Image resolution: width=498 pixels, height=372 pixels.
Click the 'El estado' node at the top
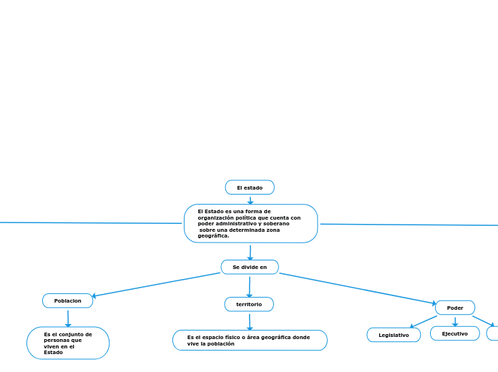click(250, 187)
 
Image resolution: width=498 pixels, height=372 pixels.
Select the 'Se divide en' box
click(250, 267)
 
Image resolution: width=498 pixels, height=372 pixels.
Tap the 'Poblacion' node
click(68, 300)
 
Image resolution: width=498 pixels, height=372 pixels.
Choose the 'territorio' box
click(249, 304)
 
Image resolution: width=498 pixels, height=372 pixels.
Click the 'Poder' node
click(455, 308)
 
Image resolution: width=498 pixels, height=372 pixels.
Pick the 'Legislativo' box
click(394, 335)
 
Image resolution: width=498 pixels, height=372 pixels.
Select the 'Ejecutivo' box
click(455, 333)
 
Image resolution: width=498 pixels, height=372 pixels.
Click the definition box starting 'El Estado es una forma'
click(250, 223)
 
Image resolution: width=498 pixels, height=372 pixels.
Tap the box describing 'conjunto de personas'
click(68, 343)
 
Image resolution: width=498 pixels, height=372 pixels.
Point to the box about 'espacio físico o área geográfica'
click(250, 340)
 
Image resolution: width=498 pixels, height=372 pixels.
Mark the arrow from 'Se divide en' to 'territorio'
click(250, 286)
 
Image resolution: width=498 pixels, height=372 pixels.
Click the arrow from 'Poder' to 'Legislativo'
click(423, 321)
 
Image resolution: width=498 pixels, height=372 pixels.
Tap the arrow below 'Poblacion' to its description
click(68, 317)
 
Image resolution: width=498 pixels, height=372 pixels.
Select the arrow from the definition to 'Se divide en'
click(250, 252)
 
